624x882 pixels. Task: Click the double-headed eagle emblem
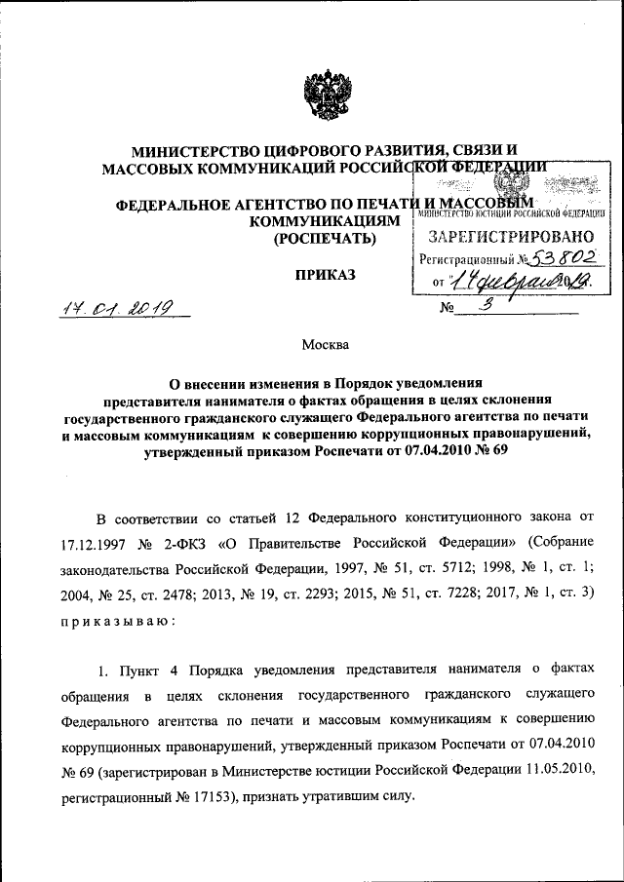click(321, 96)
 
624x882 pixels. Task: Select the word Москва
click(324, 344)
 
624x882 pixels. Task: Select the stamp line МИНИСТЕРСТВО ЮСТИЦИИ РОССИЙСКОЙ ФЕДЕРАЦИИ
click(513, 213)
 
